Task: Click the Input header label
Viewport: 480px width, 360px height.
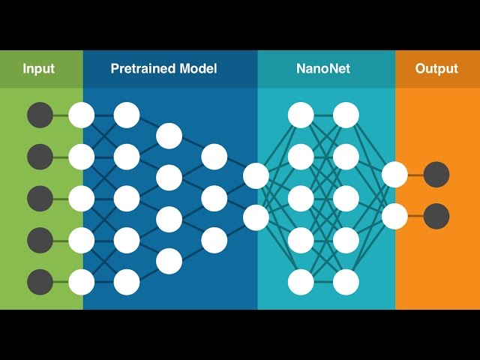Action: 39,69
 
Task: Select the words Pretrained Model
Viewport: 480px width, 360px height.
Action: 163,69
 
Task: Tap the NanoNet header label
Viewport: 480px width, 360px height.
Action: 323,69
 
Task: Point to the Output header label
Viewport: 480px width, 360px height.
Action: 436,69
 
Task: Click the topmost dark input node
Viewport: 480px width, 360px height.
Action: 40,115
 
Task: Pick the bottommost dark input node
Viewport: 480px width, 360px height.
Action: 40,282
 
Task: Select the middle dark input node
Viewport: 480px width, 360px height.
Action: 40,199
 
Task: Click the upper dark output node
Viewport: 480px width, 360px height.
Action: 436,175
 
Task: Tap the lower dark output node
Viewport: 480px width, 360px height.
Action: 436,216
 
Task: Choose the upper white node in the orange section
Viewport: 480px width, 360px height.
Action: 394,175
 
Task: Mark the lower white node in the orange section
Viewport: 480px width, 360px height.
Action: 394,216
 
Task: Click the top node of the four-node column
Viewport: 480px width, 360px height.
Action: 169,136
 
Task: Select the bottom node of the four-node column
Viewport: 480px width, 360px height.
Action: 169,261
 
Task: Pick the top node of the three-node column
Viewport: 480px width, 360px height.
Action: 214,156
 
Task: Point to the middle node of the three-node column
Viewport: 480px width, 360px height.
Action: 214,198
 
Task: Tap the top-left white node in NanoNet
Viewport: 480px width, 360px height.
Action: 301,115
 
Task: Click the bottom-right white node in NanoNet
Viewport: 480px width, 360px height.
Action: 346,282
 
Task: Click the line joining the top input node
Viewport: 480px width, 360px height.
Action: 61,115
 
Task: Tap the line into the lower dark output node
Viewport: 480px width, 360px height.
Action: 415,216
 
